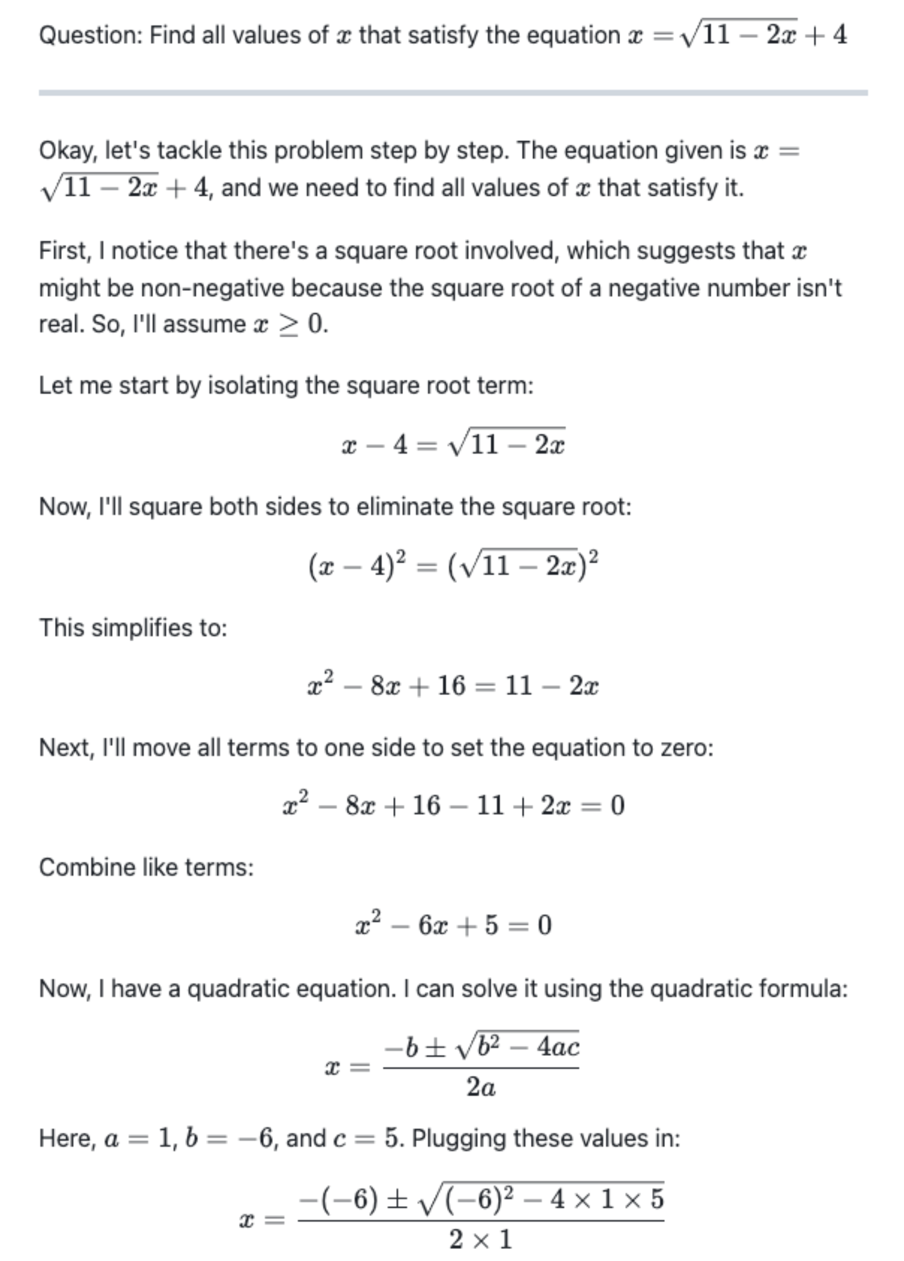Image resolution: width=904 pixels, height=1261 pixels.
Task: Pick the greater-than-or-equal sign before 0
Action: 288,325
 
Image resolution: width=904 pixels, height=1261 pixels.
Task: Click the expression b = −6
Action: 230,1139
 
